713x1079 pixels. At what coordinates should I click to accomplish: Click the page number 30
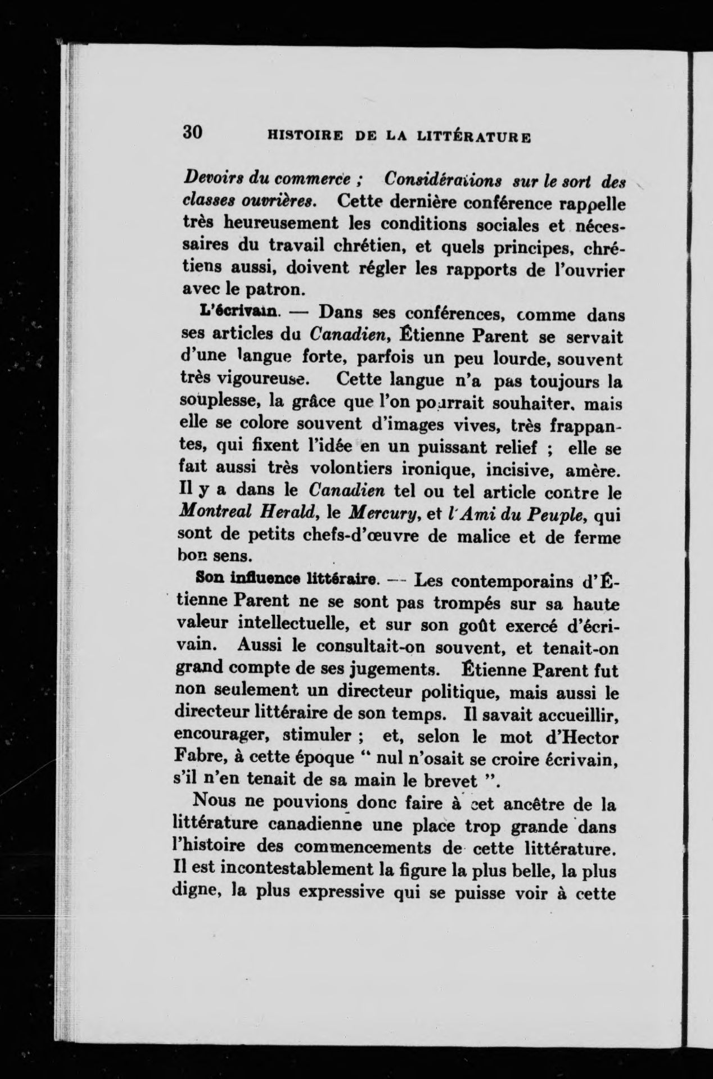coord(192,133)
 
